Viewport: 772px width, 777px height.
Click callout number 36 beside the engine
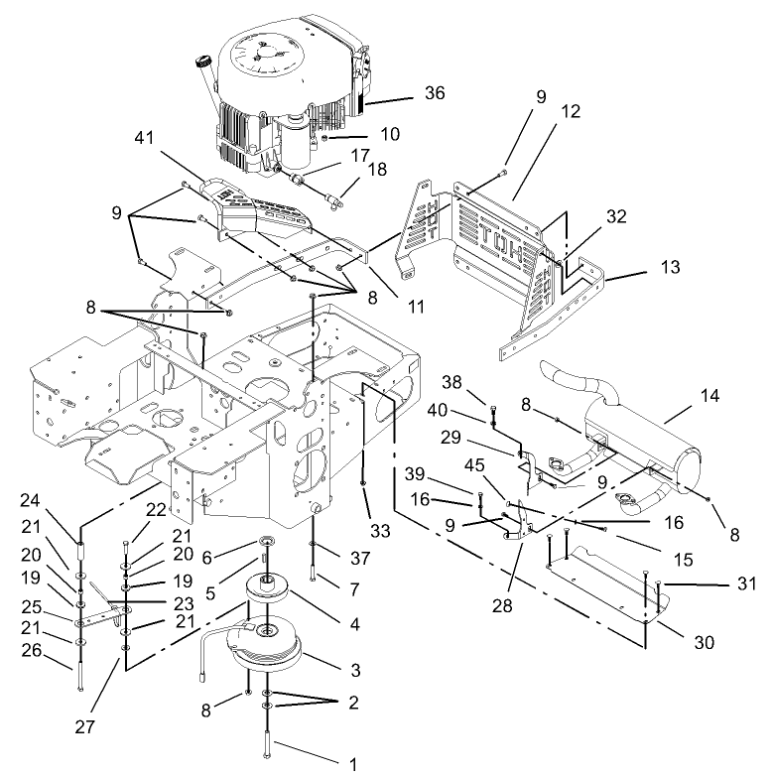(x=435, y=93)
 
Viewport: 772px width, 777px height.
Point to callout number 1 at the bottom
(x=349, y=764)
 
